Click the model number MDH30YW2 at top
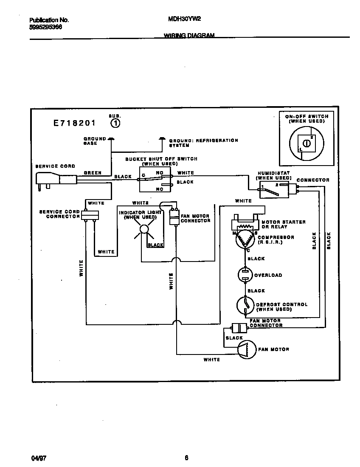coord(185,19)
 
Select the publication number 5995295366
coord(46,26)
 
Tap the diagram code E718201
coord(74,124)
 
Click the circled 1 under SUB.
coord(115,123)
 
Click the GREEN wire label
coord(92,173)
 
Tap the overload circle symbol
coord(246,275)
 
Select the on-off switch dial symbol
coord(305,143)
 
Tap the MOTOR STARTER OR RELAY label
coord(284,224)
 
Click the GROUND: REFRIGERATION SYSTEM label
coord(203,143)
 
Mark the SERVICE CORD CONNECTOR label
coord(59,214)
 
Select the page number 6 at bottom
coord(186,458)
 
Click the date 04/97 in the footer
coord(39,458)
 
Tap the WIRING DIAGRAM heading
coord(189,36)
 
